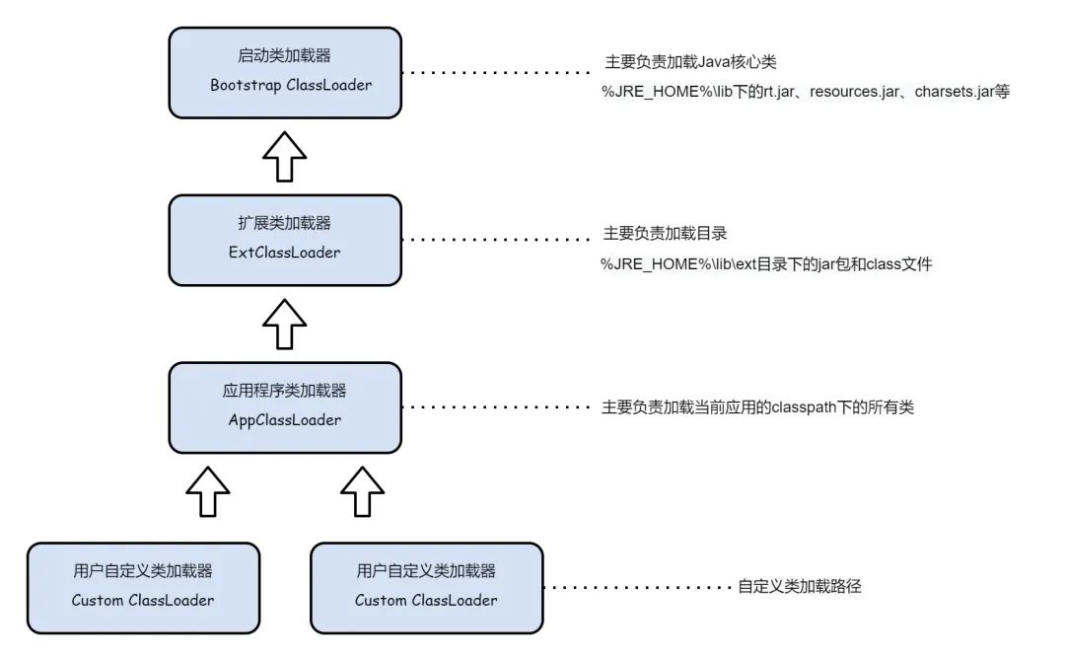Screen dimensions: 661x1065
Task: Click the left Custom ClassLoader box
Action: pyautogui.click(x=143, y=587)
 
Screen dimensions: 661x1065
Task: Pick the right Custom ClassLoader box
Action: pyautogui.click(x=426, y=587)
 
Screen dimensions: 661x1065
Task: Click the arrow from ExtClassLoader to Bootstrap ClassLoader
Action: pyautogui.click(x=284, y=155)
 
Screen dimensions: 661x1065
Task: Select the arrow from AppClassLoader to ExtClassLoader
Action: pyautogui.click(x=284, y=324)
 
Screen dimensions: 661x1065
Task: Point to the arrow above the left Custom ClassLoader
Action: pyautogui.click(x=207, y=490)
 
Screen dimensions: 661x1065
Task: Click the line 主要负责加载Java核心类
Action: pyautogui.click(x=690, y=62)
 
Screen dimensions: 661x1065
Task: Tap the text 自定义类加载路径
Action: pyautogui.click(x=800, y=586)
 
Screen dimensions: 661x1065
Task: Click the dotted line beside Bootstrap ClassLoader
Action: pyautogui.click(x=498, y=73)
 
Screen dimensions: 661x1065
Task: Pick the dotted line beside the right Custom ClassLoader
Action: pyautogui.click(x=636, y=587)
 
